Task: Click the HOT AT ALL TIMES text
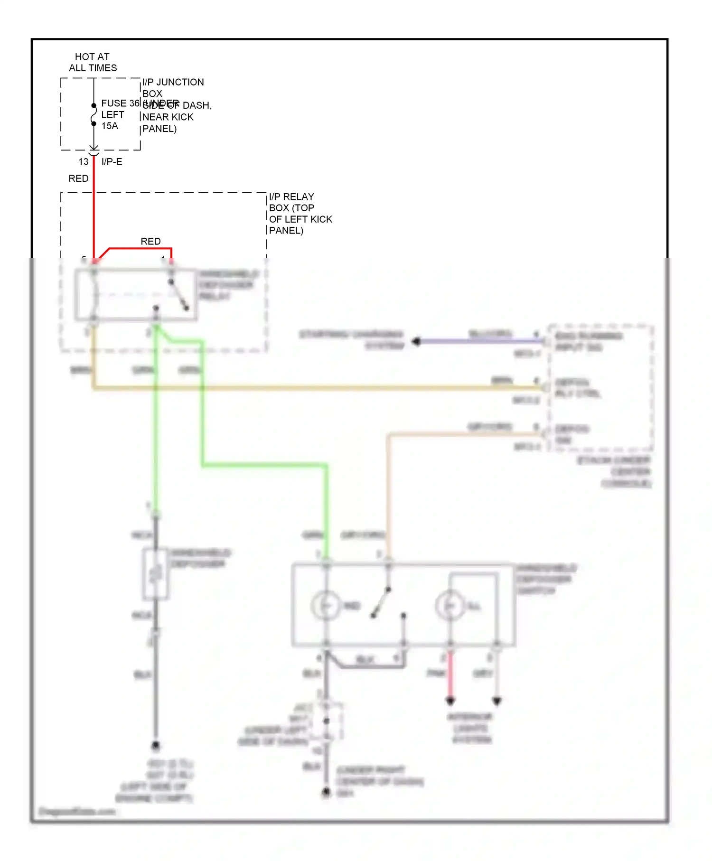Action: (93, 62)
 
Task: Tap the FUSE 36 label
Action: (120, 103)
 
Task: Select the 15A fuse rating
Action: (110, 126)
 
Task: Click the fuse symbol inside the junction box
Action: (94, 114)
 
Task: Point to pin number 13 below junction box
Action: (84, 162)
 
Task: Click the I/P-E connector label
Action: (112, 162)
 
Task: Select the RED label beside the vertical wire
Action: (78, 178)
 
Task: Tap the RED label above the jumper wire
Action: (150, 241)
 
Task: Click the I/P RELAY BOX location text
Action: (300, 213)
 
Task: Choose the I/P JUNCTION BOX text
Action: (173, 88)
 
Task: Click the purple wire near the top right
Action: (479, 341)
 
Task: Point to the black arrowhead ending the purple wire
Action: (416, 341)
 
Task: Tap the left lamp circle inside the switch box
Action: (326, 606)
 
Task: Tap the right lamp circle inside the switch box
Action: (450, 606)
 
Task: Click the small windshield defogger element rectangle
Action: (156, 574)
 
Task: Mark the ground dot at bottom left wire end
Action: (156, 746)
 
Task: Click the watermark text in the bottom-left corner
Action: (77, 811)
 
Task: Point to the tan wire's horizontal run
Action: (460, 434)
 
